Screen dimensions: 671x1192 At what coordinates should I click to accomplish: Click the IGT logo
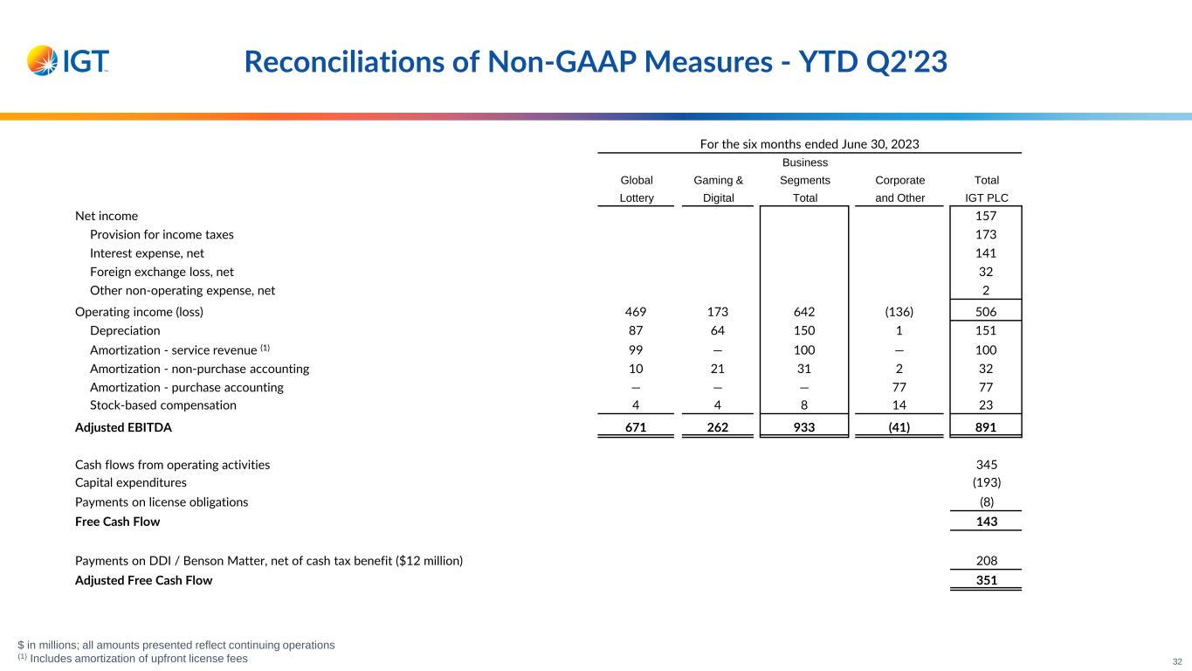tap(68, 60)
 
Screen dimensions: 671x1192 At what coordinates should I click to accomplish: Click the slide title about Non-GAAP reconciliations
tap(596, 61)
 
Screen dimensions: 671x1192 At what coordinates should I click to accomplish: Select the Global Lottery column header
tap(637, 189)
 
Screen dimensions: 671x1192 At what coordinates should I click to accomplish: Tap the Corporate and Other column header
tap(899, 189)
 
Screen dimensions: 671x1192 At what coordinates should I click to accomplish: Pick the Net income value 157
tap(986, 216)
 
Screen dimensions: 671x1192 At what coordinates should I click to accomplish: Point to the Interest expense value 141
tap(986, 253)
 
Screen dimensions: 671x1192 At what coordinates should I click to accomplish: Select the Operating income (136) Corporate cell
tap(899, 312)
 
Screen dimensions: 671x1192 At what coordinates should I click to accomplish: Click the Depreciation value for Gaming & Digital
tap(718, 331)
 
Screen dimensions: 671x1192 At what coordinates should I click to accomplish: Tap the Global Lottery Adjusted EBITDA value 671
tap(637, 427)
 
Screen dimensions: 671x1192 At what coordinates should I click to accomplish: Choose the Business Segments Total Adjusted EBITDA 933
tap(804, 427)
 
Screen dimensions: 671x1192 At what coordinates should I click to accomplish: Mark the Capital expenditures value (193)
tap(986, 482)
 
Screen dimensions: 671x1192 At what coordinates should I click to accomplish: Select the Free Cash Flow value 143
tap(986, 522)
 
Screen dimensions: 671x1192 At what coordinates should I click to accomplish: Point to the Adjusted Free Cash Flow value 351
tap(986, 580)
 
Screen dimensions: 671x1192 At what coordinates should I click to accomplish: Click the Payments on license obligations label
tap(162, 502)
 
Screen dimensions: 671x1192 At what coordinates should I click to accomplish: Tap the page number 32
tap(1177, 662)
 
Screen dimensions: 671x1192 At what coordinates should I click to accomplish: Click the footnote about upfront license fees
tap(138, 659)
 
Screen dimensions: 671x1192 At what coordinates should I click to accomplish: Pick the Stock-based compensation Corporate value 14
tap(899, 405)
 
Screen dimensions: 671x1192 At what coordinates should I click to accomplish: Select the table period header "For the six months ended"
tap(810, 143)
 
